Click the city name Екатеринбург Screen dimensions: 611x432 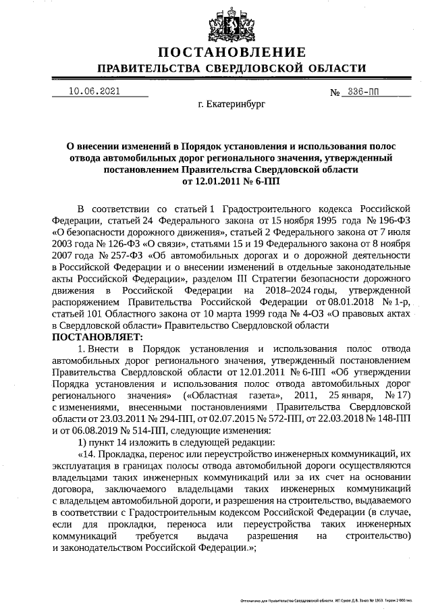click(232, 106)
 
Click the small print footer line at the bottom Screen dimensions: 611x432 click(334, 600)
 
